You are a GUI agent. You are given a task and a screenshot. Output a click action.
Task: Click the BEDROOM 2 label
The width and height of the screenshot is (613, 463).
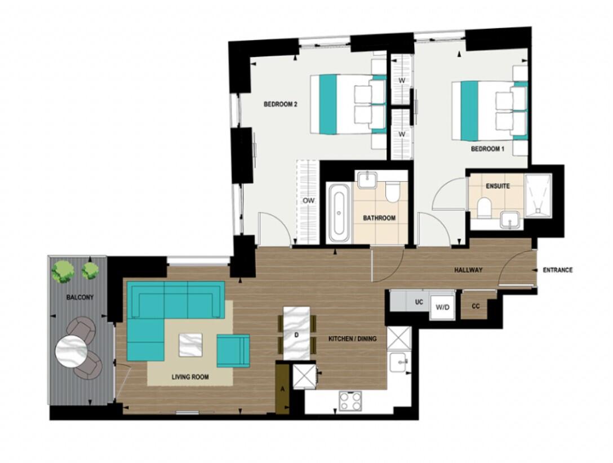pos(280,104)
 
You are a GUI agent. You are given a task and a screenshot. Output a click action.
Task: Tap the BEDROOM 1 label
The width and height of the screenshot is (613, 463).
pos(487,149)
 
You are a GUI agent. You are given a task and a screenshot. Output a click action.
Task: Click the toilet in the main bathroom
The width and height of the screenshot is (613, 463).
pos(393,192)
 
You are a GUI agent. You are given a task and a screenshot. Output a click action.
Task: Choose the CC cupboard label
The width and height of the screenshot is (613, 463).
pos(476,306)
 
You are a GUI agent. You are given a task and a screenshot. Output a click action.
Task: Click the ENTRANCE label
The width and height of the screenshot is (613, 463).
pos(557,270)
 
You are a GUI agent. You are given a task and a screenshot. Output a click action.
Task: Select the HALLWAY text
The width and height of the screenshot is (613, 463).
pos(468,270)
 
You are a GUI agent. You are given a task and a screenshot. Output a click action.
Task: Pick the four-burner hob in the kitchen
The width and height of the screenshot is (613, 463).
pos(350,401)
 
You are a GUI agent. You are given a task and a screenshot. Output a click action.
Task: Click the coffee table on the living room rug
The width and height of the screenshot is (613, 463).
pos(190,345)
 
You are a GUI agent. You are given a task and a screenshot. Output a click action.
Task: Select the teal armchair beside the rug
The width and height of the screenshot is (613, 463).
pos(233,351)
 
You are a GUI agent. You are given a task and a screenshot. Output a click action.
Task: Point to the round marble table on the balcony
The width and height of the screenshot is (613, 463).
pos(71,352)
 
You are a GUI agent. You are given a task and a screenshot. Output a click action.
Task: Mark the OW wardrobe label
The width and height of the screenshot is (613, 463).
pos(308,200)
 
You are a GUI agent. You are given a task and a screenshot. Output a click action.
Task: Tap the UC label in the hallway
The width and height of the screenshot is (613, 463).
pos(419,302)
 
